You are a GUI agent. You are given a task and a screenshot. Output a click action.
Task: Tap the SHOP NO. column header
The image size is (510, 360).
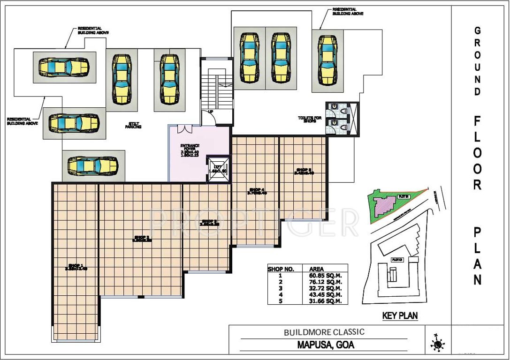tap(281, 269)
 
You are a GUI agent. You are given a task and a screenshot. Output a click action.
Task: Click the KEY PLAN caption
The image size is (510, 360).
tap(400, 316)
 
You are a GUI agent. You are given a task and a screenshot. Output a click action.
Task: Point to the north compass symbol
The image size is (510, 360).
tap(437, 344)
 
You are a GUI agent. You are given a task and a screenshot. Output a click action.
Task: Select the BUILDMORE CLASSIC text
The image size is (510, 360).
tap(324, 332)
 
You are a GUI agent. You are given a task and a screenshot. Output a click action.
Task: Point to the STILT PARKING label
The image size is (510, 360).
tap(135, 125)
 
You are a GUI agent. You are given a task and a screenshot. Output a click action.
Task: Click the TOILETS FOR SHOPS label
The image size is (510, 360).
tap(309, 120)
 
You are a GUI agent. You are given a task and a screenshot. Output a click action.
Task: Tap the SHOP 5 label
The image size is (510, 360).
tap(304, 171)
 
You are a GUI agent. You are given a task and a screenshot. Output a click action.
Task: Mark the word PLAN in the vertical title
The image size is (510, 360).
tap(477, 255)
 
